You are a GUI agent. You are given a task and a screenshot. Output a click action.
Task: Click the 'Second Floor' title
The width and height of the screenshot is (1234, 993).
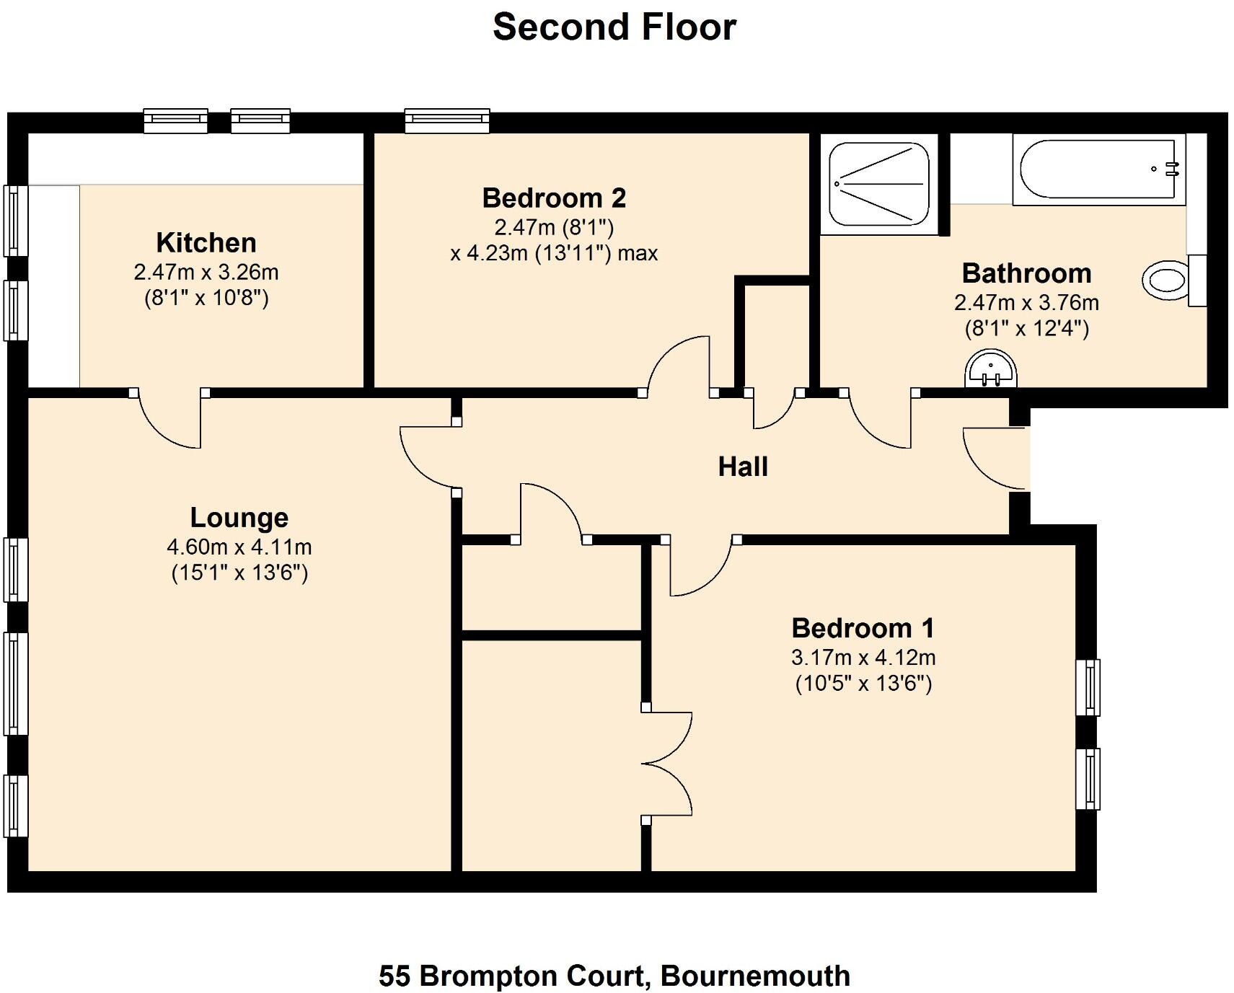[614, 27]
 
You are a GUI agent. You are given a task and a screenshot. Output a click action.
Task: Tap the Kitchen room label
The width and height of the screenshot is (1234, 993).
[206, 243]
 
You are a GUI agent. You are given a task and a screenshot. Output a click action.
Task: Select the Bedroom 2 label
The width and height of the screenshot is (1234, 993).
[553, 198]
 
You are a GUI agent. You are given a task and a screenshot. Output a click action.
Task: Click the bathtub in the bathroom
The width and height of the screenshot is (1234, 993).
[1098, 169]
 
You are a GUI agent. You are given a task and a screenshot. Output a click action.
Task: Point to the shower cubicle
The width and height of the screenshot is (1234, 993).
[878, 184]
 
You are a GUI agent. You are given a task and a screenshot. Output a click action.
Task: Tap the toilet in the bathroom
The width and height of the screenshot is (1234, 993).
[1167, 281]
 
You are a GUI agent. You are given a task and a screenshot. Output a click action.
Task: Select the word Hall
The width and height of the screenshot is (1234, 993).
[743, 467]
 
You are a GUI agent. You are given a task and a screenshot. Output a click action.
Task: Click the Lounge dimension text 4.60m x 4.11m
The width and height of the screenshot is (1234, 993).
[239, 547]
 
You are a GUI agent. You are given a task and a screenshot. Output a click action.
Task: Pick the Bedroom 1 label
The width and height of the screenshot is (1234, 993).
[863, 628]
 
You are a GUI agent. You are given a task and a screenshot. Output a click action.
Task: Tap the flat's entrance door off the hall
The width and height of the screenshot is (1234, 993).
[995, 459]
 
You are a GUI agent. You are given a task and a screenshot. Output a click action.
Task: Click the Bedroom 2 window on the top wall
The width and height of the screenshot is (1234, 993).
[447, 121]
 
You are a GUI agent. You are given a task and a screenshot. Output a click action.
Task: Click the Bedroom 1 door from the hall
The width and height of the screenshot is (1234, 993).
[700, 567]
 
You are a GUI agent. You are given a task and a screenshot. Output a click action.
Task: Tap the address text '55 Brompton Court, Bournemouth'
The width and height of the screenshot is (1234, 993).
[614, 976]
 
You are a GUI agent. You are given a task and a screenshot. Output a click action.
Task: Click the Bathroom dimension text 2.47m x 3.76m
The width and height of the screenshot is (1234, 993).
[1026, 303]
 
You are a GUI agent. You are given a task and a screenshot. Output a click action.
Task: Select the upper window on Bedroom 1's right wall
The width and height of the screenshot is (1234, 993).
[1088, 687]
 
